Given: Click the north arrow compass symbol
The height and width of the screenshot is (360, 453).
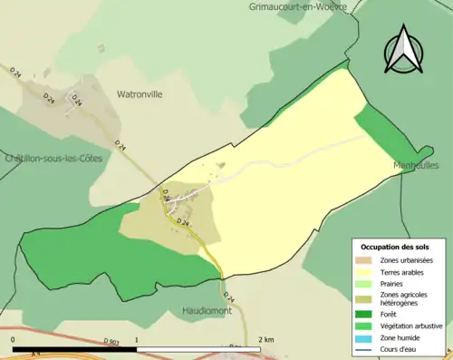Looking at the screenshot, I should coord(405,50).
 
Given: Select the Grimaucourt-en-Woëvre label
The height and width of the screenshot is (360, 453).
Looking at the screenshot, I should coord(297,6).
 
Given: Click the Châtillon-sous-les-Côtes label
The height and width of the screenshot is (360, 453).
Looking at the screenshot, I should coord(53,158).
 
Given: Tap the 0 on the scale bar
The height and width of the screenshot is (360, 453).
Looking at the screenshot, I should coord(14,340).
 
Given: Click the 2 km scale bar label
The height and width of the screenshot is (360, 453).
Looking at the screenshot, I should coord(265,340).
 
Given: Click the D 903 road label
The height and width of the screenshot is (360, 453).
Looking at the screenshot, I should coord(111,341).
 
